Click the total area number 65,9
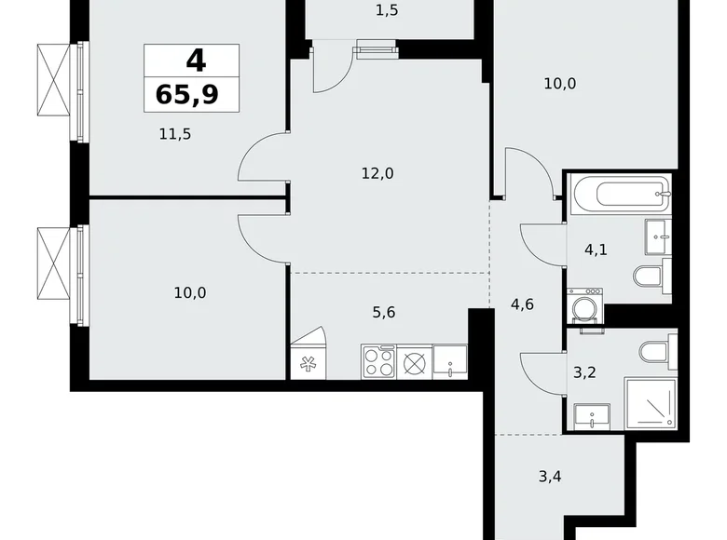click(187, 94)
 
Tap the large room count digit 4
click(196, 61)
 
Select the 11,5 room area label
click(175, 134)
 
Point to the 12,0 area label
click(377, 174)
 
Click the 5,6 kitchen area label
click(384, 313)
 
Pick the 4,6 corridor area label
click(522, 304)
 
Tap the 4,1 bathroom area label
click(596, 250)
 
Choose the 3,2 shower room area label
click(584, 372)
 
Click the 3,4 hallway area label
click(550, 476)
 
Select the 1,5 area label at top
click(387, 10)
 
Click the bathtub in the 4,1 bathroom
click(621, 194)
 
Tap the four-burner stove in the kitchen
click(378, 361)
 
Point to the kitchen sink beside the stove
click(450, 361)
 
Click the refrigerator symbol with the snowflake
click(308, 361)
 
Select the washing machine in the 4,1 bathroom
click(585, 305)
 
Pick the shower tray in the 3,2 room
click(651, 403)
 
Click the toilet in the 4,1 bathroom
click(652, 276)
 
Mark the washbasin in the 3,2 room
click(592, 416)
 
